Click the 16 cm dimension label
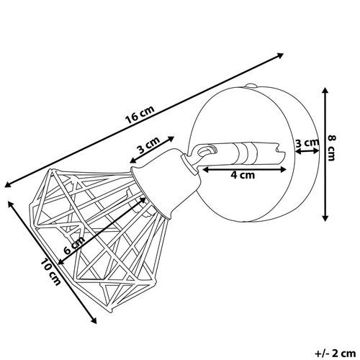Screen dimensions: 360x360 (x=140, y=114)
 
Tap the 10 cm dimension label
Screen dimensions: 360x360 (x=50, y=271)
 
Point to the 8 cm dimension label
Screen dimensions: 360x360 (x=331, y=148)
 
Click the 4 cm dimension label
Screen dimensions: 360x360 (x=243, y=175)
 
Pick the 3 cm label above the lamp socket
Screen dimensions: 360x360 (x=148, y=145)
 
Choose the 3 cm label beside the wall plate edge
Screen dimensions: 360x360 (x=307, y=143)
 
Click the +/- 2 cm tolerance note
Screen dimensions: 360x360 (x=335, y=354)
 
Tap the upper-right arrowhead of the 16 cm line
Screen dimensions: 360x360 (x=281, y=55)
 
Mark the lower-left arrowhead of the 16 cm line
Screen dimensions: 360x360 (x=8, y=184)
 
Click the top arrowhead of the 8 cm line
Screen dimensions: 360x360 (x=325, y=91)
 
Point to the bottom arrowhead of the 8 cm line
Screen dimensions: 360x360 (x=325, y=217)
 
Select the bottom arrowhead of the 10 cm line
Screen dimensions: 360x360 (x=94, y=320)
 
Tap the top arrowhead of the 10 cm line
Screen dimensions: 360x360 (x=11, y=204)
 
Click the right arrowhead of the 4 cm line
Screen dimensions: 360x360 (x=283, y=170)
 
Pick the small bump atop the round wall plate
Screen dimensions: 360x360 (x=251, y=85)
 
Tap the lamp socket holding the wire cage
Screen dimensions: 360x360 (x=166, y=183)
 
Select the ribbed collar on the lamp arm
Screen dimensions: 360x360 (x=246, y=153)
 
